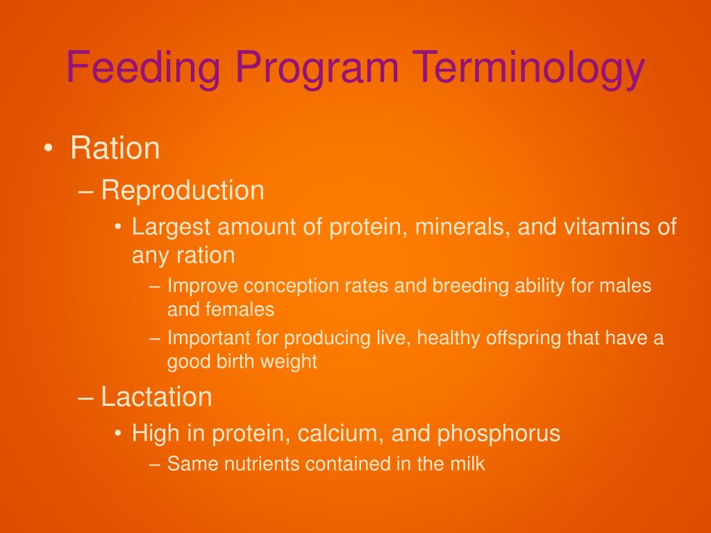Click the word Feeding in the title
click(x=144, y=69)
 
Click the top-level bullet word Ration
click(x=115, y=149)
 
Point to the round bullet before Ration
click(x=47, y=149)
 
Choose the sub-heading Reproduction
click(x=183, y=190)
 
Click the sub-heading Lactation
click(x=156, y=397)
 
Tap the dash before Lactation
click(x=86, y=398)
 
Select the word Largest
click(x=172, y=227)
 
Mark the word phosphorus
click(x=499, y=434)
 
